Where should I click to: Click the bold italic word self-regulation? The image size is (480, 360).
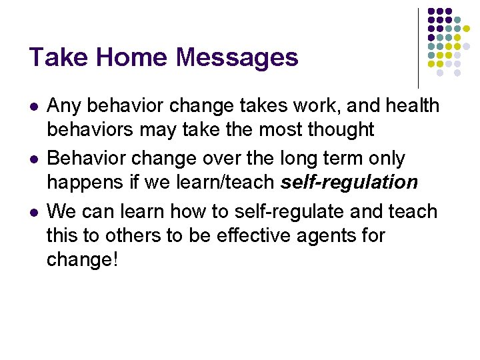click(350, 183)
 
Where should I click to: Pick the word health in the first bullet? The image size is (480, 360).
click(413, 105)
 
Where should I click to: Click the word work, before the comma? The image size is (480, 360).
click(320, 105)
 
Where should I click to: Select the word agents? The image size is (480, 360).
click(337, 236)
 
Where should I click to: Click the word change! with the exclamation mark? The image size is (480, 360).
click(83, 260)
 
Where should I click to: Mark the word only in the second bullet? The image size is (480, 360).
click(386, 159)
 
